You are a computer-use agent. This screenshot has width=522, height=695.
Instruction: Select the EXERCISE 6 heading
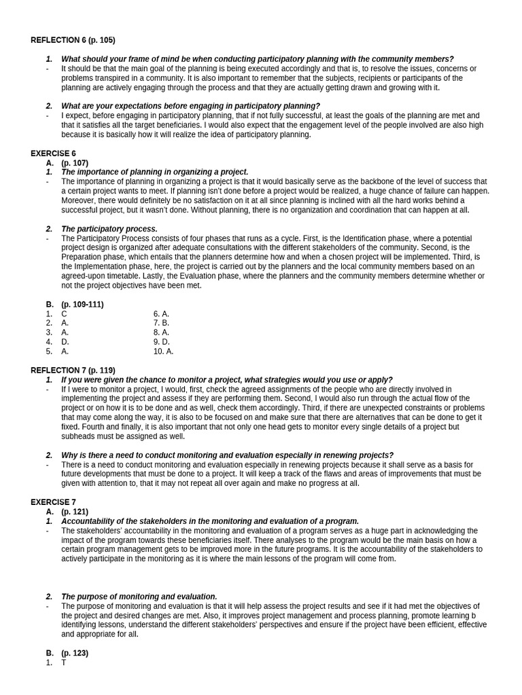pos(53,153)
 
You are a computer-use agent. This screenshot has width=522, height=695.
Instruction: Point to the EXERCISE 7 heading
pos(53,502)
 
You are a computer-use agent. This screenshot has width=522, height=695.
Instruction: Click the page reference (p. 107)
pos(75,163)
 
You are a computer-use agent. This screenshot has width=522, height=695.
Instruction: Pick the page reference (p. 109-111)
pos(82,304)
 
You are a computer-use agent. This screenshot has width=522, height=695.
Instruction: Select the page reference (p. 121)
pos(75,512)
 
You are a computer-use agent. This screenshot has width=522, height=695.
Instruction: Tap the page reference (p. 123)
pos(75,653)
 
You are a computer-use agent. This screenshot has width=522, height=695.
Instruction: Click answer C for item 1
pos(64,314)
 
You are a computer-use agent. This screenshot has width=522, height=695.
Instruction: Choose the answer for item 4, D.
pos(65,342)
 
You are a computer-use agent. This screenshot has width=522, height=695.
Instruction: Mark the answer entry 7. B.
pos(161,323)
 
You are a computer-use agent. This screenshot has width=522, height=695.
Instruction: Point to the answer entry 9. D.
pos(161,342)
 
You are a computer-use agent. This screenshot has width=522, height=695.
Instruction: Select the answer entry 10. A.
pos(163,352)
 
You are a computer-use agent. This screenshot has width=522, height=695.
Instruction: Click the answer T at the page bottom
pos(64,662)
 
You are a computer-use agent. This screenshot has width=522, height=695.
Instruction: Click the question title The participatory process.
pos(109,229)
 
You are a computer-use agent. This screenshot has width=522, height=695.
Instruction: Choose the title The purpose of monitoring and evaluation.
pos(139,597)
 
